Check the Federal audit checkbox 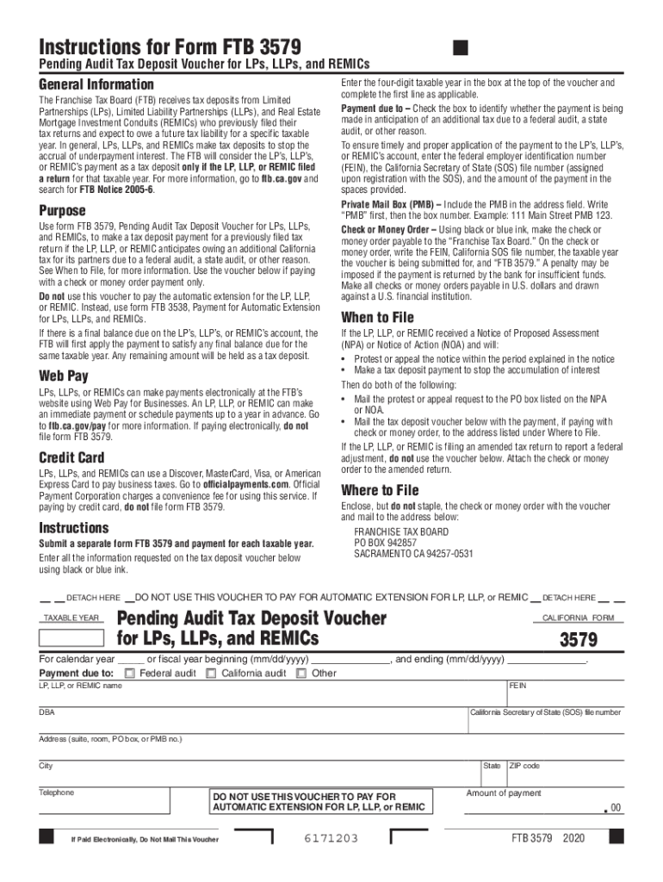pyautogui.click(x=129, y=673)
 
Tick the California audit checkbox pyautogui.click(x=211, y=673)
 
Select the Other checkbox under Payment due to pyautogui.click(x=301, y=673)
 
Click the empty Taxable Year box pyautogui.click(x=72, y=638)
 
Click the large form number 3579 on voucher pyautogui.click(x=579, y=640)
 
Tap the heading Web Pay pyautogui.click(x=64, y=376)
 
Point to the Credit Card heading pyautogui.click(x=71, y=457)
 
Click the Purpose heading pyautogui.click(x=62, y=211)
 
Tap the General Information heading pyautogui.click(x=96, y=84)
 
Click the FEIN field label pyautogui.click(x=517, y=686)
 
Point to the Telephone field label pyautogui.click(x=57, y=792)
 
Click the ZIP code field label pyautogui.click(x=525, y=766)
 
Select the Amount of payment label pyautogui.click(x=504, y=793)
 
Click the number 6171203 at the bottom pyautogui.click(x=331, y=838)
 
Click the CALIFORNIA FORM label pyautogui.click(x=578, y=618)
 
